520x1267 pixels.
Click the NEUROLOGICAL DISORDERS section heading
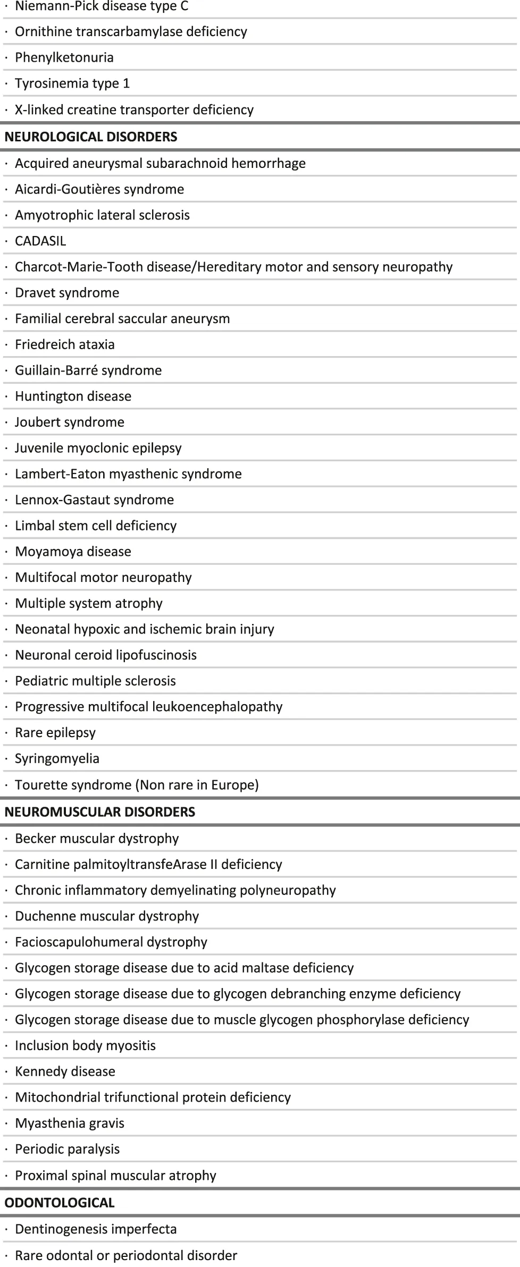(90, 137)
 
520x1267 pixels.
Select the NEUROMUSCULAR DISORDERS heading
(100, 812)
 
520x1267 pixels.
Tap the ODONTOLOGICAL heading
(60, 1202)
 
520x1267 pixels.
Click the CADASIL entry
(40, 241)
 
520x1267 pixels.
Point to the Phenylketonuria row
(64, 57)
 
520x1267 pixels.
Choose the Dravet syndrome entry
(67, 292)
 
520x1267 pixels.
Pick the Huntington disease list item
(73, 396)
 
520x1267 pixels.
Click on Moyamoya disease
(73, 551)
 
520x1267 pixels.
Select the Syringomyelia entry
(57, 758)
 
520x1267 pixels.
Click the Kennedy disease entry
(65, 1071)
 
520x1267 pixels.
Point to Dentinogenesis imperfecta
(96, 1229)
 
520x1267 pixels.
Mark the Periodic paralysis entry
(67, 1148)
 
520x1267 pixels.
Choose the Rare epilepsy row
(55, 732)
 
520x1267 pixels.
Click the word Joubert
(36, 422)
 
